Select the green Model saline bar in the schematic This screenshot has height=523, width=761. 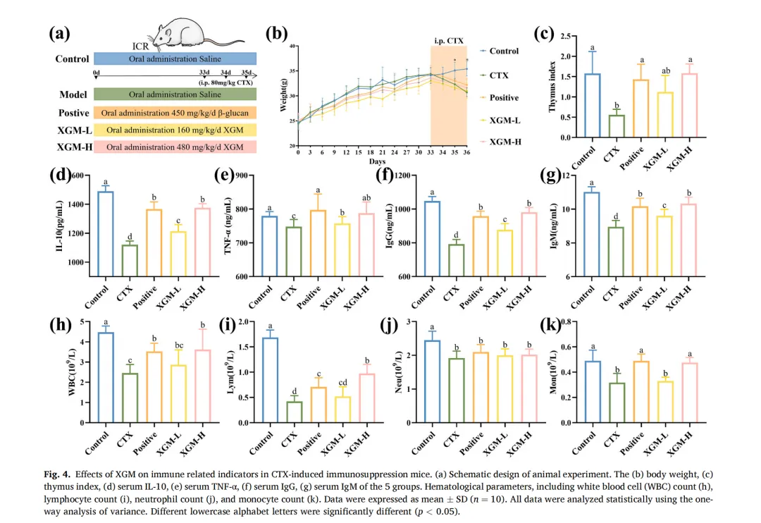tap(175, 94)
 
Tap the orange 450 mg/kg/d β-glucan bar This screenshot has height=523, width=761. tap(175, 112)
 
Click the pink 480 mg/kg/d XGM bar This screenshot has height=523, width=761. tap(175, 147)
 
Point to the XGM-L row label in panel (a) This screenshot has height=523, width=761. tap(73, 130)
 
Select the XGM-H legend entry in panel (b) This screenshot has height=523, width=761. tap(504, 141)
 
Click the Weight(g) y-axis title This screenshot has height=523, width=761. tap(283, 95)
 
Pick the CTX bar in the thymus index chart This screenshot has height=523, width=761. tap(617, 125)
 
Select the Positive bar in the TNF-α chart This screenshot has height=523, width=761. tap(318, 242)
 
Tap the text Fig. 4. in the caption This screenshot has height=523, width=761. tap(61, 470)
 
